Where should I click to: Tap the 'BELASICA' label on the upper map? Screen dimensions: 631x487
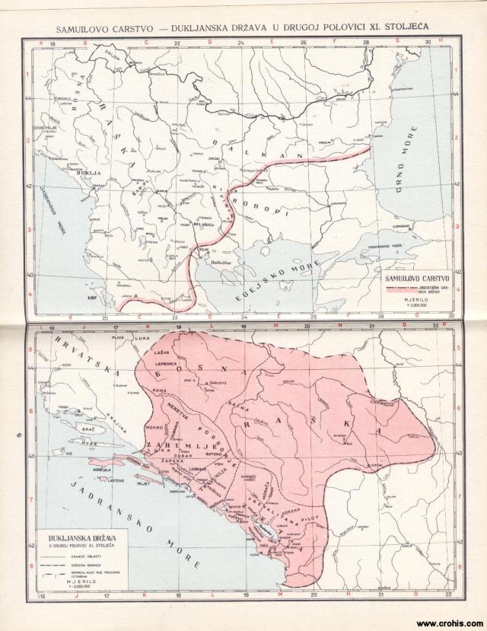coord(203,226)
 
